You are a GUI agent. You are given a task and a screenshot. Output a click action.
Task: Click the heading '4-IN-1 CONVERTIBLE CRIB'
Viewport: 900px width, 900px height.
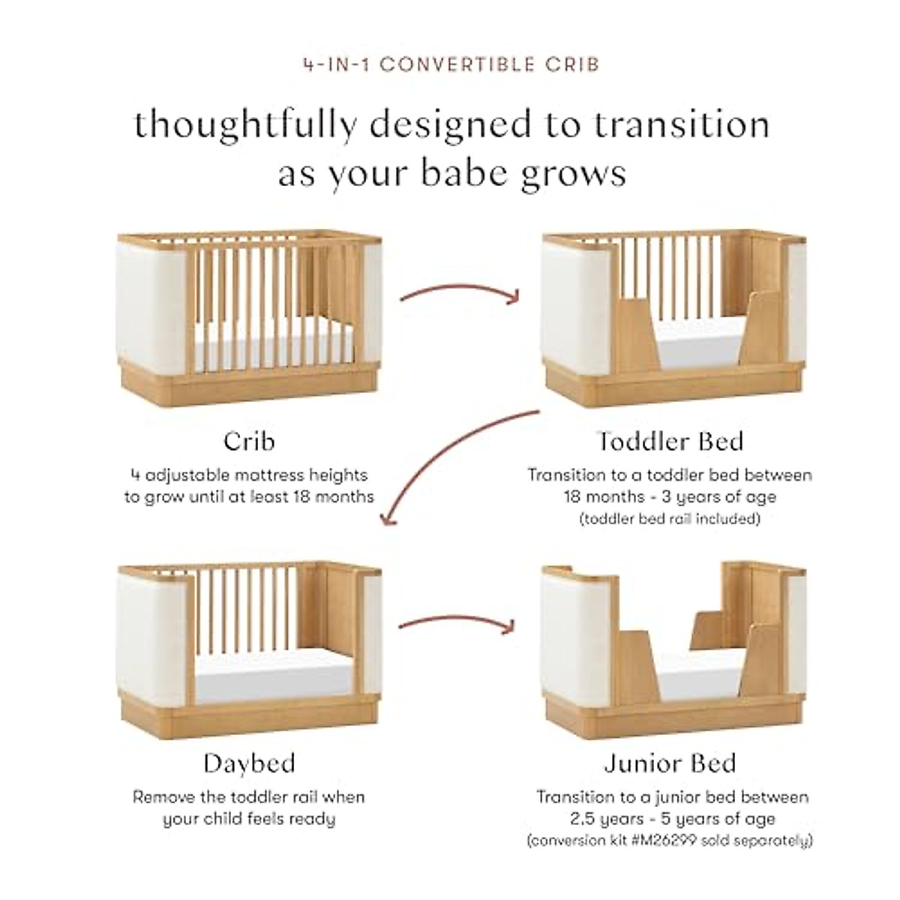click(451, 64)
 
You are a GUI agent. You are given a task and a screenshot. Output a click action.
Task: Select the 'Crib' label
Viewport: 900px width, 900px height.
click(249, 441)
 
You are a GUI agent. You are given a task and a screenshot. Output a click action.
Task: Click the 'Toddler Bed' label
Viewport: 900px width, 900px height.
click(670, 441)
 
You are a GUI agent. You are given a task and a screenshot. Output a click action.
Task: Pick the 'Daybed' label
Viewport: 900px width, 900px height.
click(249, 763)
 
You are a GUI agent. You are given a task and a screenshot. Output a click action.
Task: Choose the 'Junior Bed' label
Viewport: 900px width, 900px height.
click(670, 763)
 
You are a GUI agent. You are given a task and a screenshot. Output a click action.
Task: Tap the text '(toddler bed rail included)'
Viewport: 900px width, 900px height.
click(670, 518)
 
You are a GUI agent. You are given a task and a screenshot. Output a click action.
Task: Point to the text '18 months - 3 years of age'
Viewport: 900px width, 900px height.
click(670, 496)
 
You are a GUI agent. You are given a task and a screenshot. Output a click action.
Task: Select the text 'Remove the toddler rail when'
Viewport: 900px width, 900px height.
click(249, 796)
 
